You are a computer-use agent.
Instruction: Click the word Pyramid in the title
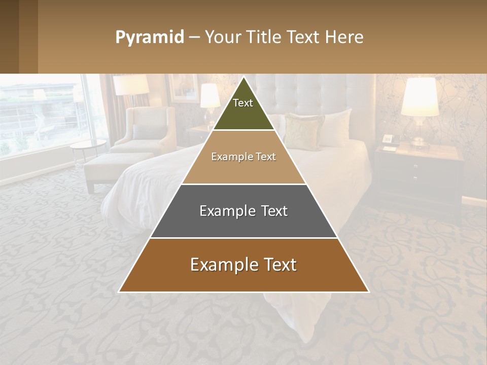point(150,38)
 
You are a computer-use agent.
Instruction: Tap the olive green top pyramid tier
point(243,109)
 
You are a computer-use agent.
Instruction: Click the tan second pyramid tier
point(243,157)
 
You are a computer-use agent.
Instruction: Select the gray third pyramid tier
point(243,211)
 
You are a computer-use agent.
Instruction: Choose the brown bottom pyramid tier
point(243,265)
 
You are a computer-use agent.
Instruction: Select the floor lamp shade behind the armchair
point(131,85)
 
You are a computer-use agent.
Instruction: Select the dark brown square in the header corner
point(19,36)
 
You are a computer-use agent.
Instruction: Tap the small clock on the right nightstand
point(388,138)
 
